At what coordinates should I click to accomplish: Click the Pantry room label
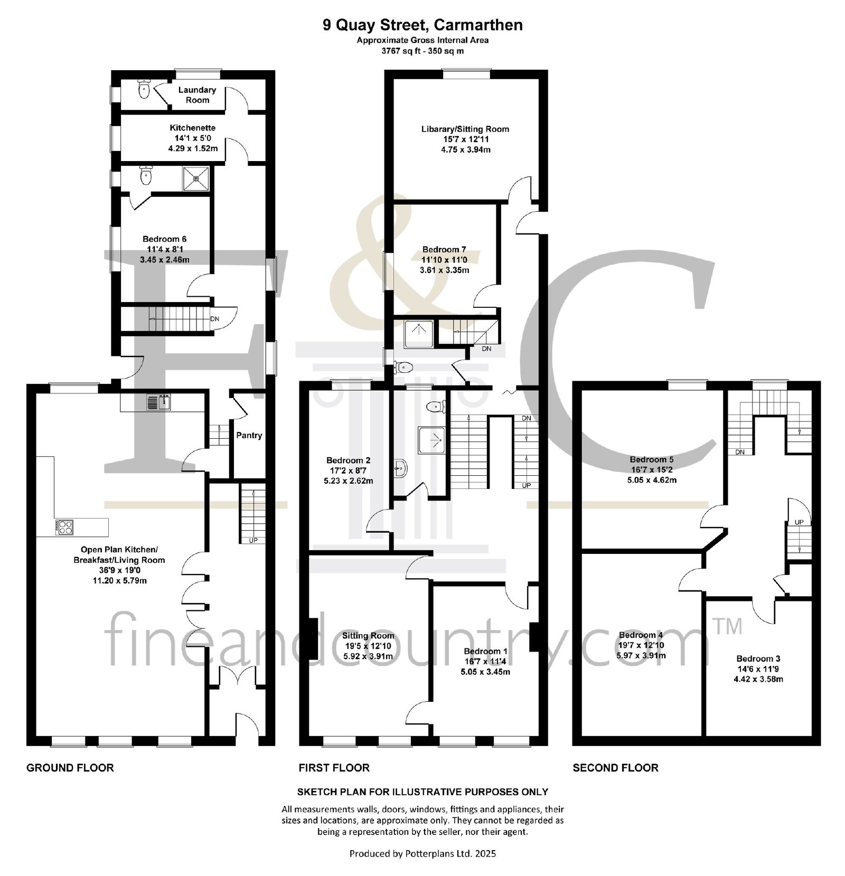[249, 436]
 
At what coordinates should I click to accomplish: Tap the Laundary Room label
[197, 95]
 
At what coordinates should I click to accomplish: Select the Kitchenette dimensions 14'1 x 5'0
[193, 138]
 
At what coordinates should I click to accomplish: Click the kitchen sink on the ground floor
[158, 402]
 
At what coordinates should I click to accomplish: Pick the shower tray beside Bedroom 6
[196, 178]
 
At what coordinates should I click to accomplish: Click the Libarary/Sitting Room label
[465, 129]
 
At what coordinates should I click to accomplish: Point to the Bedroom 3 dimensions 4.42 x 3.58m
[758, 679]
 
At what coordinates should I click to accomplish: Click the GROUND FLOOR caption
[70, 768]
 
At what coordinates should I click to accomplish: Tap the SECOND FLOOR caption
[616, 768]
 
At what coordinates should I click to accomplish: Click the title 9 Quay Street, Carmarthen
[423, 25]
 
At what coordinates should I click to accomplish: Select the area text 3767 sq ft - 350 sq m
[423, 51]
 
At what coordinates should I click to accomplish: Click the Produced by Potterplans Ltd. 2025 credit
[423, 853]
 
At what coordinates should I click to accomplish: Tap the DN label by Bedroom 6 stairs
[215, 319]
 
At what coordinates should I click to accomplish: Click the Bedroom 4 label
[641, 635]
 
